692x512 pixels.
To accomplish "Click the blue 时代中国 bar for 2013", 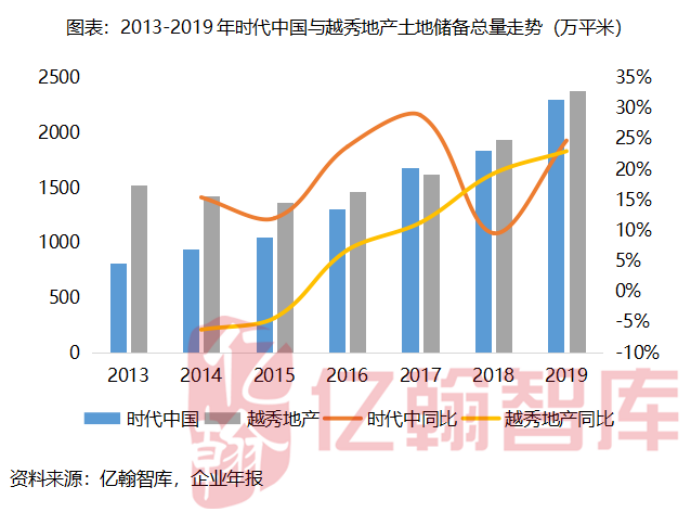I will pyautogui.click(x=119, y=308).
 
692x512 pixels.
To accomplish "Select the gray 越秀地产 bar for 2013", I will pyautogui.click(x=138, y=269).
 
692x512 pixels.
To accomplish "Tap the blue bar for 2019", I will pyautogui.click(x=555, y=226).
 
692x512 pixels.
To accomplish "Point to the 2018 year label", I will pyautogui.click(x=492, y=376).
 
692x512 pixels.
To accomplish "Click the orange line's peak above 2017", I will pyautogui.click(x=415, y=113).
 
